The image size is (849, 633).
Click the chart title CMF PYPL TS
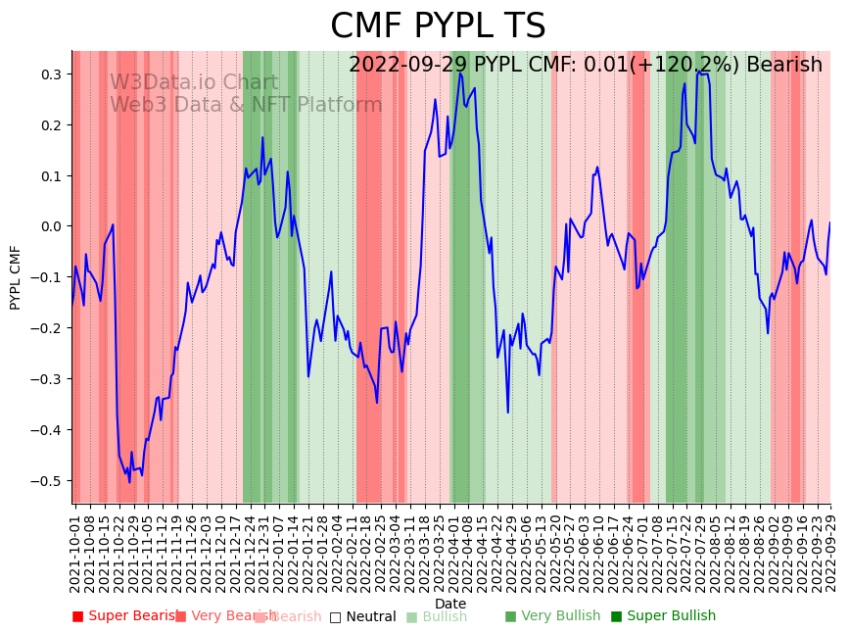(x=438, y=26)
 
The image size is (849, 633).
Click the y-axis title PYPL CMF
(x=15, y=277)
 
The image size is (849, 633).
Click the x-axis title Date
(x=450, y=604)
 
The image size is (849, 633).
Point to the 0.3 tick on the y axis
(x=51, y=74)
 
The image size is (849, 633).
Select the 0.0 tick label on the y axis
(x=51, y=226)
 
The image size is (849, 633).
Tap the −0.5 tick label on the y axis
(x=47, y=481)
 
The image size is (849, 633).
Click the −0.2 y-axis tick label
(x=47, y=328)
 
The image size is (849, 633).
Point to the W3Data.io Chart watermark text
(x=194, y=83)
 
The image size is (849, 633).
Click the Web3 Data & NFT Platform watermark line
(x=246, y=105)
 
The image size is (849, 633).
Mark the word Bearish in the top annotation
(x=783, y=66)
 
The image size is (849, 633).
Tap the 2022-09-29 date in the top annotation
(x=408, y=66)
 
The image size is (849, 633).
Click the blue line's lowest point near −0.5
(x=129, y=482)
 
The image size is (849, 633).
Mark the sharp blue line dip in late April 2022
(x=508, y=413)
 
